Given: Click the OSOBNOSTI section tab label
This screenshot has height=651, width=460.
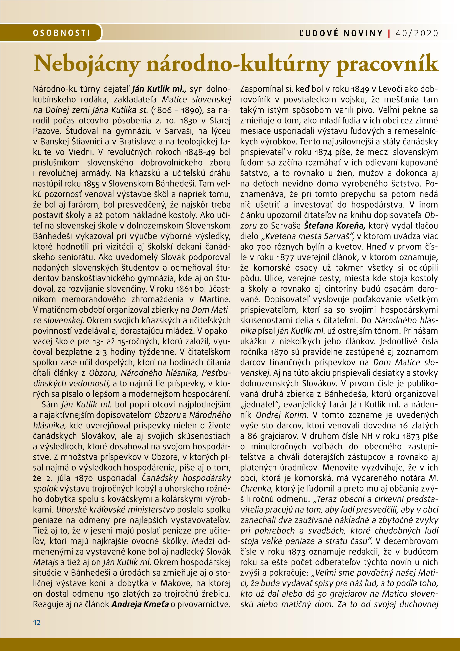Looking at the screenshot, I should click(x=61, y=33).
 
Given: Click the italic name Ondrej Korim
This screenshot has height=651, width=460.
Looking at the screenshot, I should click(x=282, y=415).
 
